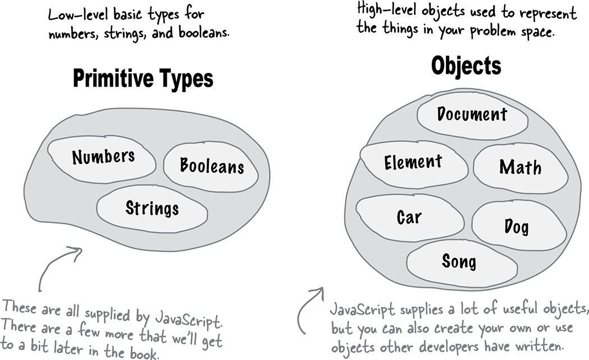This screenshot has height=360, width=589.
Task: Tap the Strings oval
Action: click(x=152, y=209)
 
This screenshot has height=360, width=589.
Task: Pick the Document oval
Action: click(x=472, y=115)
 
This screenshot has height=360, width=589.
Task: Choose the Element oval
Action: click(x=414, y=165)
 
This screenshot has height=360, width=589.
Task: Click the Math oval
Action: click(x=520, y=168)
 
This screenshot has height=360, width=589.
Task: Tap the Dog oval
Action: click(x=519, y=226)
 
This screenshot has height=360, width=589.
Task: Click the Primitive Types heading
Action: click(x=143, y=79)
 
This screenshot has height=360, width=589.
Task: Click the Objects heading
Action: click(x=466, y=66)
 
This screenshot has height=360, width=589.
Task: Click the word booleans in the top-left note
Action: click(x=203, y=33)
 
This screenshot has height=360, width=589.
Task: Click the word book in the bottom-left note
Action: click(x=143, y=353)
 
